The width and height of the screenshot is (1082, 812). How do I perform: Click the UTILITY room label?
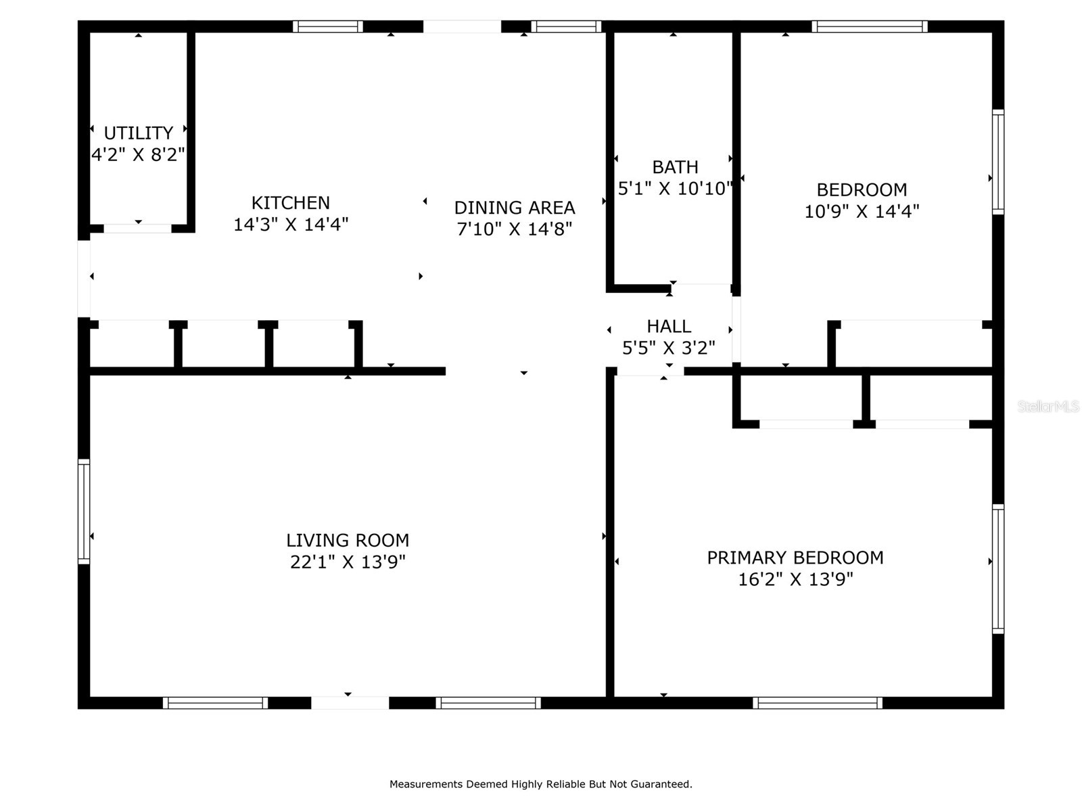138,133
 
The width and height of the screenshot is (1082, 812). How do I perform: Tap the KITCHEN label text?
291,202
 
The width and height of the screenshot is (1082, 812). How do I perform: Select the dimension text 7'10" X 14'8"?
515,229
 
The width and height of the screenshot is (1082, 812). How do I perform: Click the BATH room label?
675,166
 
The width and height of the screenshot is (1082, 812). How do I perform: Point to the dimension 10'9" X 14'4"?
862,211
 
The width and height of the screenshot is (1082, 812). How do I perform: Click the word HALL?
669,326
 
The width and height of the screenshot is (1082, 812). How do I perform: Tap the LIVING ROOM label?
348,540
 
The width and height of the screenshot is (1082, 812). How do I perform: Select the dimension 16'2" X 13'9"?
795,579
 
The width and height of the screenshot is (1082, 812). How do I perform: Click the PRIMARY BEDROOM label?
795,558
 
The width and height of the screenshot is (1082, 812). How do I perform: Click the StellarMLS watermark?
1048,407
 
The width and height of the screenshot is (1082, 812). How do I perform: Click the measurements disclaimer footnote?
540,784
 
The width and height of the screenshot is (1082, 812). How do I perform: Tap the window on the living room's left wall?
84,512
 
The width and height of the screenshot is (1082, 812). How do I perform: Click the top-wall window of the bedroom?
870,26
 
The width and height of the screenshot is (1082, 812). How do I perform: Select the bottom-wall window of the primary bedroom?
818,703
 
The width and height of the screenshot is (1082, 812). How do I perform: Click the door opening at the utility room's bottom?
137,229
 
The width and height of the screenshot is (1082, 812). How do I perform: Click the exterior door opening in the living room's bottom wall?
350,703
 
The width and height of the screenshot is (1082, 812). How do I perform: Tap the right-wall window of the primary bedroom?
998,568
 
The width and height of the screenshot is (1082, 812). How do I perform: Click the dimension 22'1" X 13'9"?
348,562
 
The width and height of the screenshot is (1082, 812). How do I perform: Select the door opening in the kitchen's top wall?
462,26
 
